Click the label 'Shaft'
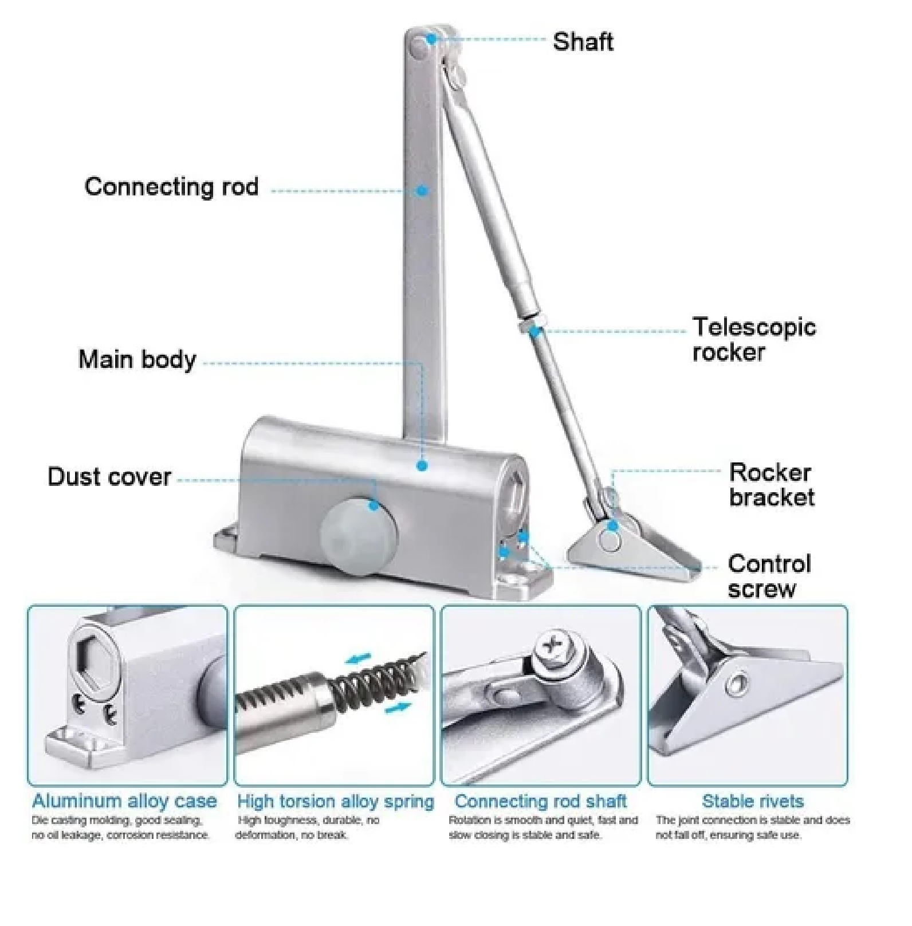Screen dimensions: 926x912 click(x=583, y=42)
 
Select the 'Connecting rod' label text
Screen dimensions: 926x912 click(x=171, y=187)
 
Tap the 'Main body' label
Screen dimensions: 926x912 click(x=137, y=359)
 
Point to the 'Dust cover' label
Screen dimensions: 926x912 click(x=109, y=477)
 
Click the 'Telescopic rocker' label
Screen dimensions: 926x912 click(x=753, y=339)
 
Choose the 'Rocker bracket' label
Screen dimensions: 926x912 click(x=771, y=485)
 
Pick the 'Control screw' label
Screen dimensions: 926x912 click(x=769, y=576)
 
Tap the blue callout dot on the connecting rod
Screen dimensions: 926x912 click(x=422, y=190)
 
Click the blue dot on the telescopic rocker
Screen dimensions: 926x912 click(x=534, y=331)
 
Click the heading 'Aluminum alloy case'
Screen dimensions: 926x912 click(x=124, y=801)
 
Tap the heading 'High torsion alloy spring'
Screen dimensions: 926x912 click(x=335, y=801)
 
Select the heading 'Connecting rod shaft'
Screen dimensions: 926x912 click(x=540, y=801)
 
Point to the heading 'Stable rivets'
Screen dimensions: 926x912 click(x=753, y=801)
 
